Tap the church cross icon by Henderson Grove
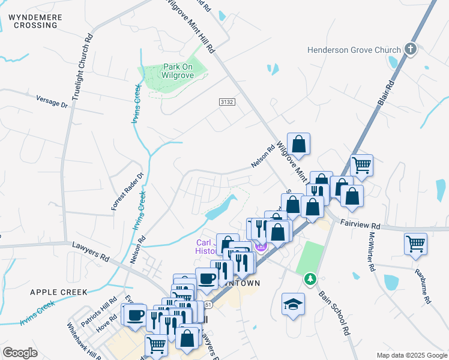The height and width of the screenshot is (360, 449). pyautogui.click(x=411, y=49)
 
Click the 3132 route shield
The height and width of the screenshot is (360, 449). pyautogui.click(x=226, y=103)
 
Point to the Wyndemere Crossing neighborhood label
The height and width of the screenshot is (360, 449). pyautogui.click(x=35, y=22)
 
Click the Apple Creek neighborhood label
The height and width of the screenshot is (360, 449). pyautogui.click(x=58, y=292)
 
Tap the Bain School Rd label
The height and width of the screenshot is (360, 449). pyautogui.click(x=334, y=312)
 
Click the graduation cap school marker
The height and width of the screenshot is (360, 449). pyautogui.click(x=293, y=304)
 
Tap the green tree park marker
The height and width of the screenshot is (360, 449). pyautogui.click(x=310, y=279)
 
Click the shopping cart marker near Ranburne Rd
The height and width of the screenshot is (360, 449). pyautogui.click(x=415, y=244)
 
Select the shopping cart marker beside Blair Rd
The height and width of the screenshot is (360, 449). pyautogui.click(x=361, y=164)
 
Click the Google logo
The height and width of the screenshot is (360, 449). pyautogui.click(x=20, y=353)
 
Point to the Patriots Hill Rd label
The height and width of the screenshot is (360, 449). pyautogui.click(x=99, y=310)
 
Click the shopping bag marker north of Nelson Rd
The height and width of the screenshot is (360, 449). pyautogui.click(x=298, y=144)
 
